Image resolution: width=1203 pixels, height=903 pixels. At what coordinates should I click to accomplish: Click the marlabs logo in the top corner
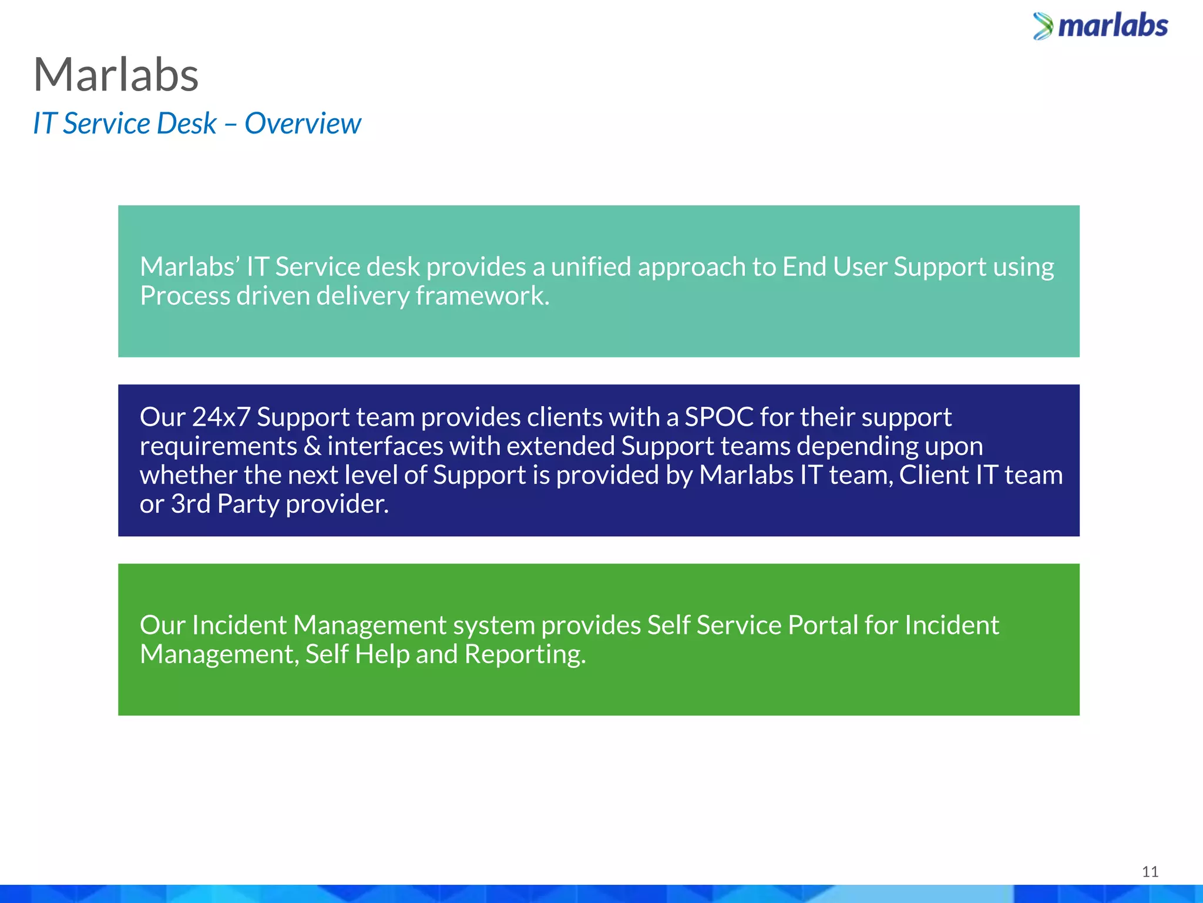[1101, 26]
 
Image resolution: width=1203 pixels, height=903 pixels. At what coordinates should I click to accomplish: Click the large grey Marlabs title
[116, 75]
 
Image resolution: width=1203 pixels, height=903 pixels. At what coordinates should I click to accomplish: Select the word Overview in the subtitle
[303, 123]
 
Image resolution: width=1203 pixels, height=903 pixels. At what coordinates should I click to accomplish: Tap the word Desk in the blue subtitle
[186, 123]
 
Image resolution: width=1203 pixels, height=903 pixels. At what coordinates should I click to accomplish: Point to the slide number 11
[1150, 871]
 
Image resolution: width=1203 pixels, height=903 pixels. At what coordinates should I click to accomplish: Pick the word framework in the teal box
[482, 296]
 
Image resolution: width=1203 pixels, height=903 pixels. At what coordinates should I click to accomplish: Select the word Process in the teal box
[185, 296]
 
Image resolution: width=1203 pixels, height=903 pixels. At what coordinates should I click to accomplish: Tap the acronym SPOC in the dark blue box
[719, 417]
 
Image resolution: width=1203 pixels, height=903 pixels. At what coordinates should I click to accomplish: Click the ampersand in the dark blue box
[312, 446]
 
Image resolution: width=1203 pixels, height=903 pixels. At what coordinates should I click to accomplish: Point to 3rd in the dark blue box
[190, 504]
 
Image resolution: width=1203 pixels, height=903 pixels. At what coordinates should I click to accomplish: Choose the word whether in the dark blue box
[189, 475]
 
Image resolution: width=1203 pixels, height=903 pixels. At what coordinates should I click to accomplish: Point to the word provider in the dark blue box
[337, 504]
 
